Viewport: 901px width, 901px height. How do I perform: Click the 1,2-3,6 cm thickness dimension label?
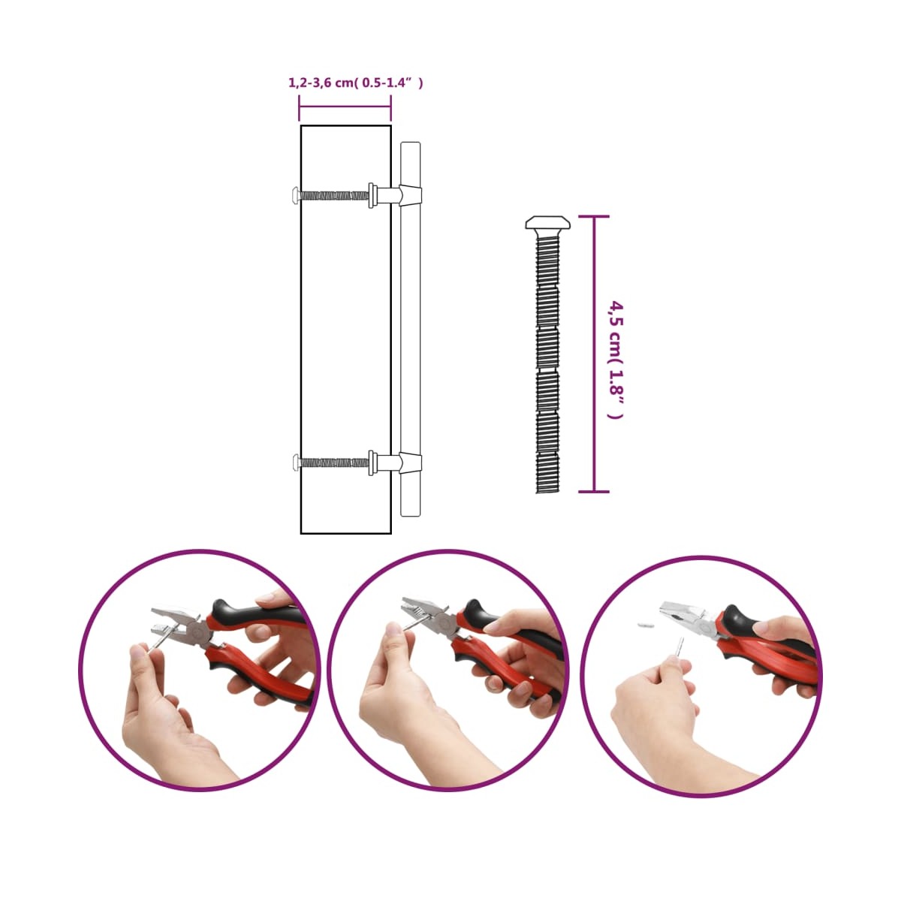356,83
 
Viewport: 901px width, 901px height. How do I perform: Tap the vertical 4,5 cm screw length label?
616,360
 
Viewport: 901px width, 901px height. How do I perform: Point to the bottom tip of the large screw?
547,492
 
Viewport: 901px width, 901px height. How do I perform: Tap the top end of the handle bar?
411,143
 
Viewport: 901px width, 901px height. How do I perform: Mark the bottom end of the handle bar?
411,515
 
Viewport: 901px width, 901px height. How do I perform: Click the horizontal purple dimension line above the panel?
345,107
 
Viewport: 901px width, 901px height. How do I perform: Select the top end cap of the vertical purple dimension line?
594,216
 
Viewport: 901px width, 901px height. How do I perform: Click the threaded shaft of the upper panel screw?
334,194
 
